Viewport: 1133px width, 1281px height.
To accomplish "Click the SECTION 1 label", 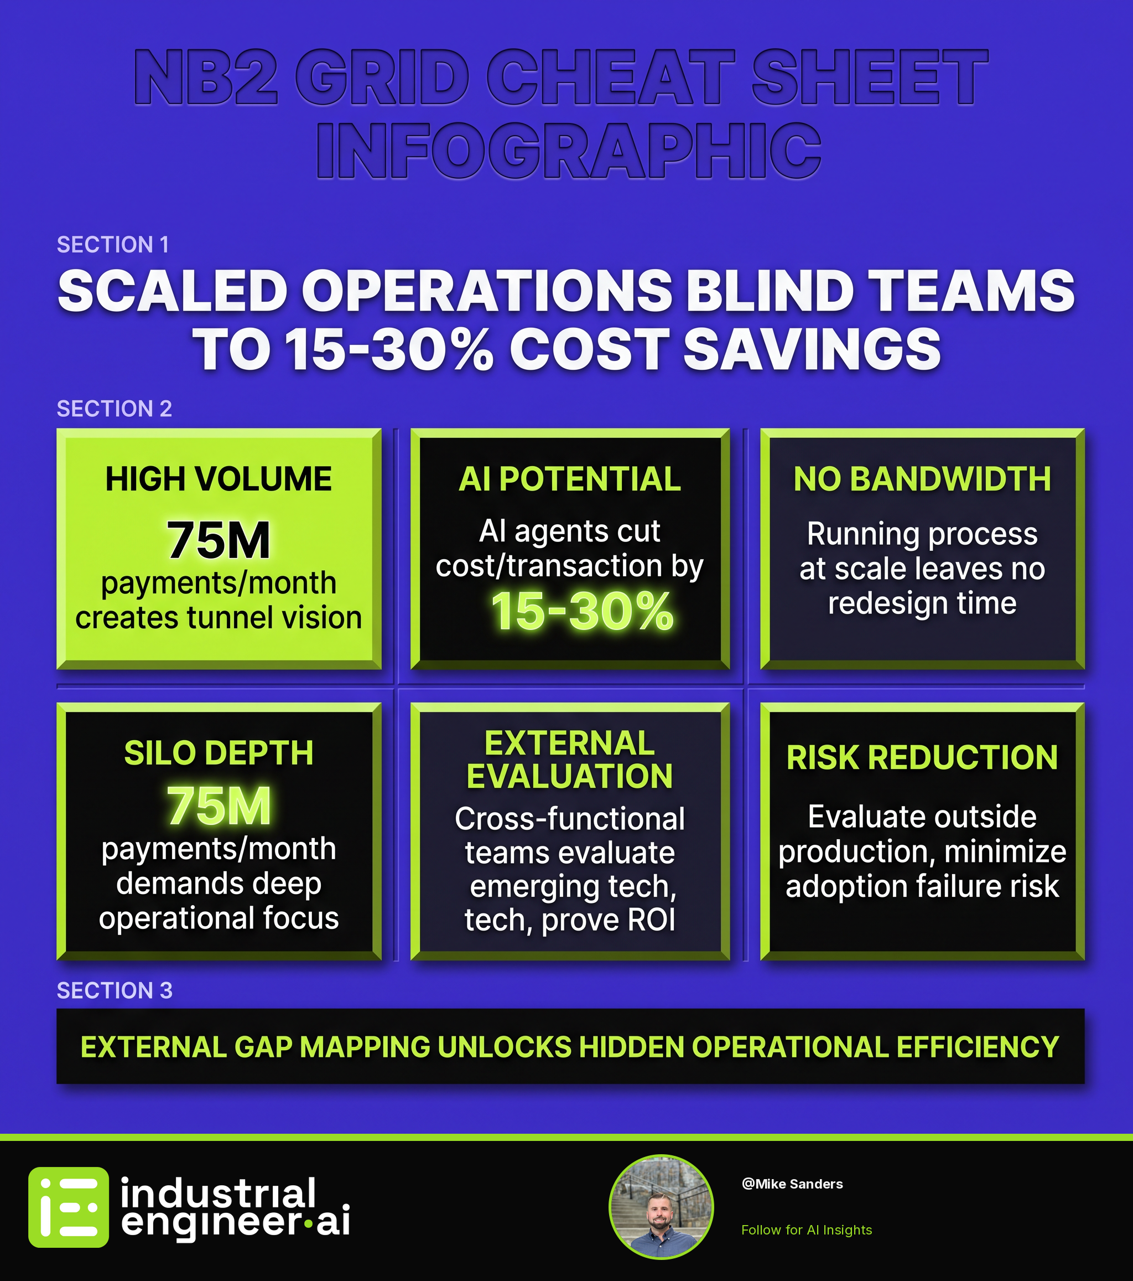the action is [x=113, y=245].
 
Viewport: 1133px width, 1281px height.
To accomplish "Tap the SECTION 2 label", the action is [x=114, y=409].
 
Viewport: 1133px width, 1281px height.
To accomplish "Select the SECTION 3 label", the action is [x=115, y=990].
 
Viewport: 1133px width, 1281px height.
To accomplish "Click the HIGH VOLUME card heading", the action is [x=219, y=479].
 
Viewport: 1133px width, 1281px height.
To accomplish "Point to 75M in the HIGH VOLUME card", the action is [x=219, y=540].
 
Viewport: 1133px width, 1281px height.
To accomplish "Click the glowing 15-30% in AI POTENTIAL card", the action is [x=583, y=612].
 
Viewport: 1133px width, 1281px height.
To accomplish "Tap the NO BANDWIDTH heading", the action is [x=922, y=479].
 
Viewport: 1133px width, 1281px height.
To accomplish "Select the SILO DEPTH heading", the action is [x=219, y=753].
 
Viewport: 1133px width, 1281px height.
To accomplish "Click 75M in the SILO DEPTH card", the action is [x=219, y=806].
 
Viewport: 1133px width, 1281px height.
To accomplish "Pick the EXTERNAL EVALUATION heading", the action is [x=569, y=760].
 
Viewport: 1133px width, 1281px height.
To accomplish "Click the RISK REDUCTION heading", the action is [x=922, y=758].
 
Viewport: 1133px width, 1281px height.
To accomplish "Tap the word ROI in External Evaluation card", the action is [x=651, y=920].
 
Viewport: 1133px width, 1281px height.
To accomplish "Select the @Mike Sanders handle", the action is [x=792, y=1184].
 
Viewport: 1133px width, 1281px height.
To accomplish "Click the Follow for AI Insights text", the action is [x=806, y=1230].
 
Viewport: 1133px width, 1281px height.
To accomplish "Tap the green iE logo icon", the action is [x=68, y=1207].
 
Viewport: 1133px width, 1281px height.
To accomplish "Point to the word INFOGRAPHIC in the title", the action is [x=568, y=151].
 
